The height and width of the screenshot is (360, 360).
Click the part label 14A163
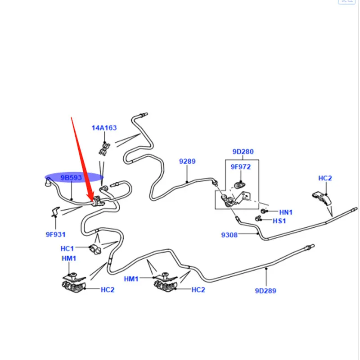(104, 128)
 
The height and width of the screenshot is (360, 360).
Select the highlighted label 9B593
(71, 177)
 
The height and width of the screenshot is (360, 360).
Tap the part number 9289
(187, 161)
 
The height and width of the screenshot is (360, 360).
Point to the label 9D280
(243, 152)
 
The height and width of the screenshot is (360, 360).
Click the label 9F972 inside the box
(241, 166)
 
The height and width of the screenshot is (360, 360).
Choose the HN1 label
(286, 212)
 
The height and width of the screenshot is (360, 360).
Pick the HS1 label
(279, 221)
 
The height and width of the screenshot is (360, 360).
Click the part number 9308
(229, 235)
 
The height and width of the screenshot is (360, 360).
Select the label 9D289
(265, 291)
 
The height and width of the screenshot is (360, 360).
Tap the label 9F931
(55, 234)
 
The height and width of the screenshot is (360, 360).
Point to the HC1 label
(67, 248)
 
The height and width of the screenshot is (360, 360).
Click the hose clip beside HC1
(95, 249)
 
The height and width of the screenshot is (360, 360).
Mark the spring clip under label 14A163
(105, 149)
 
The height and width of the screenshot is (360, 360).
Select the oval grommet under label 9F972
(240, 184)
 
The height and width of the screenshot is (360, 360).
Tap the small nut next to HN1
(264, 211)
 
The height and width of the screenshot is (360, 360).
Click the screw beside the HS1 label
(258, 219)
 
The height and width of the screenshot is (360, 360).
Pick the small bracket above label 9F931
(55, 212)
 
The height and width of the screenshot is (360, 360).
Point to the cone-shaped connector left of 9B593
(48, 183)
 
